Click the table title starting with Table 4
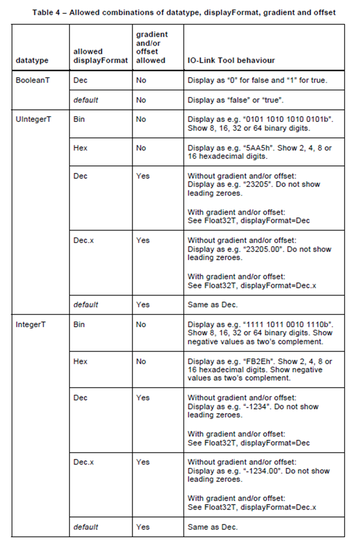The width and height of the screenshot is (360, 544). (184, 12)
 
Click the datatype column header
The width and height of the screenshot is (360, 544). (32, 61)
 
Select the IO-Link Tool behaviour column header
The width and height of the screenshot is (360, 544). (231, 61)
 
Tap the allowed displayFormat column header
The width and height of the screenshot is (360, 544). (100, 56)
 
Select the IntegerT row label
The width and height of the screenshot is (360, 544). (30, 324)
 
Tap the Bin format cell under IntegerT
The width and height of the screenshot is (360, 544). (79, 324)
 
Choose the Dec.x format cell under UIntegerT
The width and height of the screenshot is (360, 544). (83, 240)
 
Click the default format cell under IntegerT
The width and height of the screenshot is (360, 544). (86, 527)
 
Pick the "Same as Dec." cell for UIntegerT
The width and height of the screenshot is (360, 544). (213, 304)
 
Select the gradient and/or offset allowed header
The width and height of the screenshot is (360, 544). (152, 47)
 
